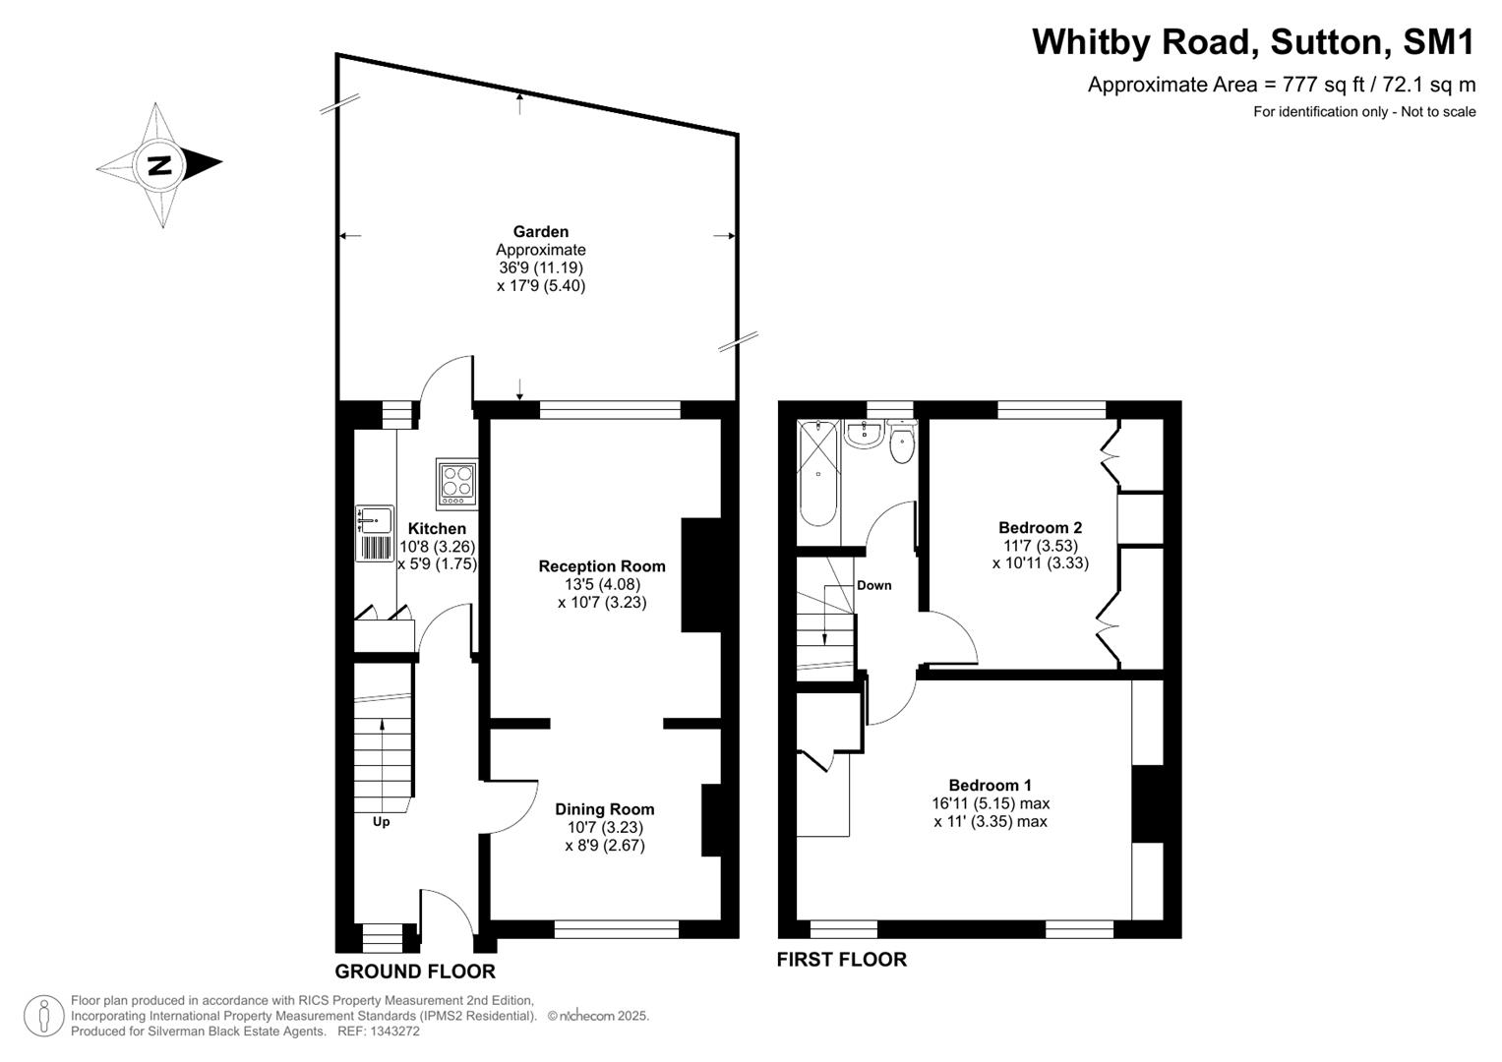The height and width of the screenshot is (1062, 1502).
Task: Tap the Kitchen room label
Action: click(437, 529)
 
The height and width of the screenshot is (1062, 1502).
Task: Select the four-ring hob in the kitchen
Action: click(456, 483)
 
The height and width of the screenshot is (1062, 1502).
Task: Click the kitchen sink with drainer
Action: click(374, 534)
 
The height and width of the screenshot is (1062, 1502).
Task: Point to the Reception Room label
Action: click(602, 566)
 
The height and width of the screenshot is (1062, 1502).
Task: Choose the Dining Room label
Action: click(604, 809)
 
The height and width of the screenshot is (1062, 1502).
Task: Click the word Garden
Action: click(541, 232)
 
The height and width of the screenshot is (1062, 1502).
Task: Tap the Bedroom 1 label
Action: click(990, 785)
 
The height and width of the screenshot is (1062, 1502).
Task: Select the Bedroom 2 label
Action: click(1040, 528)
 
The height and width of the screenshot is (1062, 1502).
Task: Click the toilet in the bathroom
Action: click(902, 445)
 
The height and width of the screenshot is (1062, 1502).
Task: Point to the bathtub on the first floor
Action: click(818, 473)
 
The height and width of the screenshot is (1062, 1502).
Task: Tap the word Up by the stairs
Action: click(381, 822)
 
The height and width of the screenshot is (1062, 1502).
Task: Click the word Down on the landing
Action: click(873, 585)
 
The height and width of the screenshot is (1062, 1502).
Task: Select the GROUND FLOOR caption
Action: click(414, 972)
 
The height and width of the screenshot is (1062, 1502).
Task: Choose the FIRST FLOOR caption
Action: click(841, 960)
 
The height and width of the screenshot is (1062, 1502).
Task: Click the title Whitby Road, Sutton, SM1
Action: click(1253, 42)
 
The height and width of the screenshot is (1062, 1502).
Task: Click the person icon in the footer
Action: click(43, 1016)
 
